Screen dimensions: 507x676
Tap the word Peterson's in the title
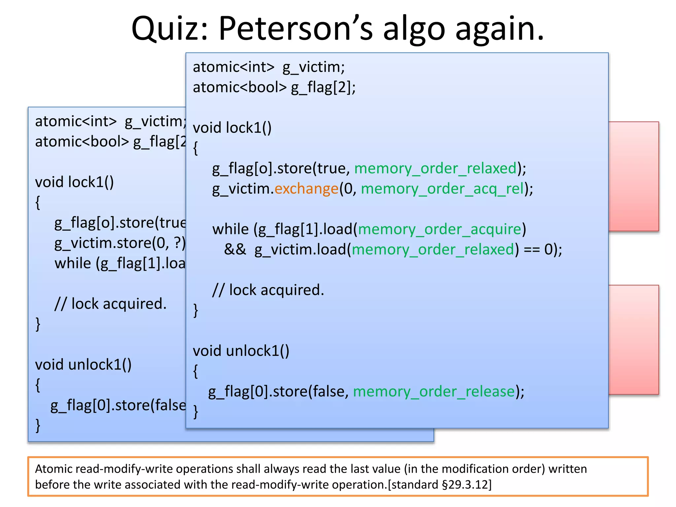point(295,29)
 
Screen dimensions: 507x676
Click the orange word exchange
point(306,189)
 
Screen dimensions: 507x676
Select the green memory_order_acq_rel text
point(442,189)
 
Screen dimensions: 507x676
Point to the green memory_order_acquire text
point(440,229)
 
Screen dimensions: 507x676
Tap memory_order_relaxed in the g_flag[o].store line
point(435,168)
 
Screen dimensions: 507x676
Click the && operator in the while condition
point(235,250)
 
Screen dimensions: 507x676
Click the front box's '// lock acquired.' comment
point(268,290)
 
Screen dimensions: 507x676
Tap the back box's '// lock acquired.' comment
point(111,304)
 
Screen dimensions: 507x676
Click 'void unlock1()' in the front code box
point(241,351)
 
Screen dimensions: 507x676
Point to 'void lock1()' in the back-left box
point(74,182)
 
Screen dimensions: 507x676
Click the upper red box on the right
point(634,177)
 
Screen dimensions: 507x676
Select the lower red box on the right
point(634,340)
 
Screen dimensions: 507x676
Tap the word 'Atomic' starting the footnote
point(54,469)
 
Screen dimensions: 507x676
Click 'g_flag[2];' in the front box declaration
point(323,87)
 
